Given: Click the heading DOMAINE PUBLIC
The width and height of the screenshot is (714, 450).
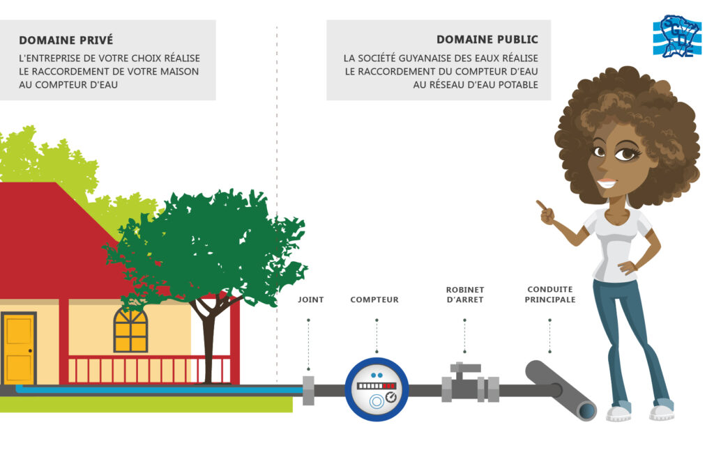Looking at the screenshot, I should coord(487,40).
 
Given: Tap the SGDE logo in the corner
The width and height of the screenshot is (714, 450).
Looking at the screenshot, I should coord(676,36).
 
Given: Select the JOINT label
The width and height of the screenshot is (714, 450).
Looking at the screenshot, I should coord(310,300).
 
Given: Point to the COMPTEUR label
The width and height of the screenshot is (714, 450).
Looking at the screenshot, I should coord(374,300).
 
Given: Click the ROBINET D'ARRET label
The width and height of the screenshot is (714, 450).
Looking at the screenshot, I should coord(464,295).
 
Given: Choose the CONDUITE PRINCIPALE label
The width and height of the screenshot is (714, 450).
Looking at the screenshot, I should coord(550,295).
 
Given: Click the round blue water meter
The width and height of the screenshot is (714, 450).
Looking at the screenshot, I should coord(377,389).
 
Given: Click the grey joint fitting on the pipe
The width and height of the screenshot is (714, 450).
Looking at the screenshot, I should coord(307,390).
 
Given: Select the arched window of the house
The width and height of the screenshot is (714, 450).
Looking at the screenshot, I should coord(130,329).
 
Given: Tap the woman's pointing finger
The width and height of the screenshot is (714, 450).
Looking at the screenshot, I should coord(540,205).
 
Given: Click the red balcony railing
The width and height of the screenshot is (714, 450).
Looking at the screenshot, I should coord(149,369).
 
